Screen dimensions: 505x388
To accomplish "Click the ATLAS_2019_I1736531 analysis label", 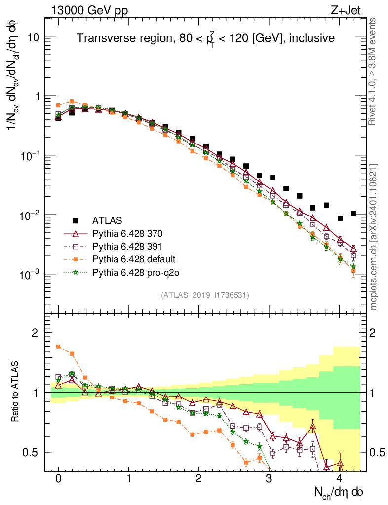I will coord(205,295).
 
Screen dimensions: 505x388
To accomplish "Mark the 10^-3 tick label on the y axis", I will coord(29,274).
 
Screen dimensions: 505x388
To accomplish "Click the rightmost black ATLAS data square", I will coord(353,214).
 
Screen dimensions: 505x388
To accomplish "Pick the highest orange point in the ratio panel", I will coord(58,347).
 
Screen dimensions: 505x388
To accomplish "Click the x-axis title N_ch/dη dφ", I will coord(339,492).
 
